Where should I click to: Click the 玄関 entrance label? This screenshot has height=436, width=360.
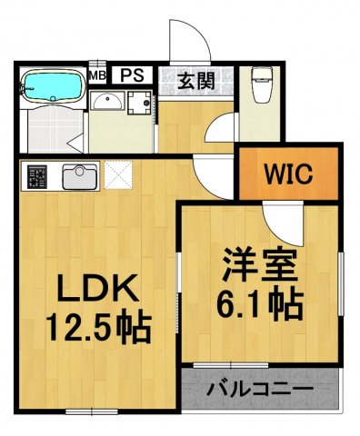tap(195, 81)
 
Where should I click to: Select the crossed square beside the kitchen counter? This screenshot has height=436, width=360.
tap(118, 173)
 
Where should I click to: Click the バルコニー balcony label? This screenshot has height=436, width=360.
tap(259, 390)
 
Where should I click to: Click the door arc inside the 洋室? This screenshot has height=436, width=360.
tap(275, 218)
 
